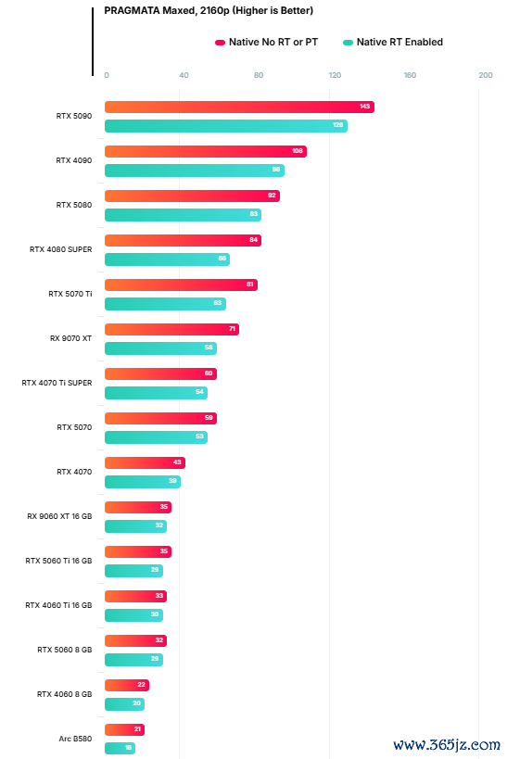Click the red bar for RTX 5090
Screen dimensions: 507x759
[239, 107]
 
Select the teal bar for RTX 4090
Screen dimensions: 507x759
[195, 171]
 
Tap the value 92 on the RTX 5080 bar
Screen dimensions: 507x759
[272, 196]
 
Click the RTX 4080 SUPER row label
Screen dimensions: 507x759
[60, 249]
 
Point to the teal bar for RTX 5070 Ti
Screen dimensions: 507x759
[165, 304]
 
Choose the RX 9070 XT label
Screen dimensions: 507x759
[70, 338]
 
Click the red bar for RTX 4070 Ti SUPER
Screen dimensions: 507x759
[160, 373]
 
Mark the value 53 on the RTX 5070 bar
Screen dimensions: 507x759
[199, 436]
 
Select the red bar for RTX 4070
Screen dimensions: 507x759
[145, 462]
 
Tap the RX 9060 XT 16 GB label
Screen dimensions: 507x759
[59, 516]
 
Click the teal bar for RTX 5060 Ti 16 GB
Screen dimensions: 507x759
[133, 571]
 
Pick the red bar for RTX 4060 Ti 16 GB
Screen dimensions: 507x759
[135, 597]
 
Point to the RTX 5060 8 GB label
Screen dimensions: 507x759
[64, 650]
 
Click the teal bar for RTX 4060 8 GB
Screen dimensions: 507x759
[124, 703]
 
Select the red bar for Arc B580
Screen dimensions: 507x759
[124, 729]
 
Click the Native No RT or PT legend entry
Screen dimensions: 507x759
[266, 42]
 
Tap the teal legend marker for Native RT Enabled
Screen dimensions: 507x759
[348, 43]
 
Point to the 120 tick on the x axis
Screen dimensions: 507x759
[335, 75]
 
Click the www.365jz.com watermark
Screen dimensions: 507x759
[447, 744]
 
